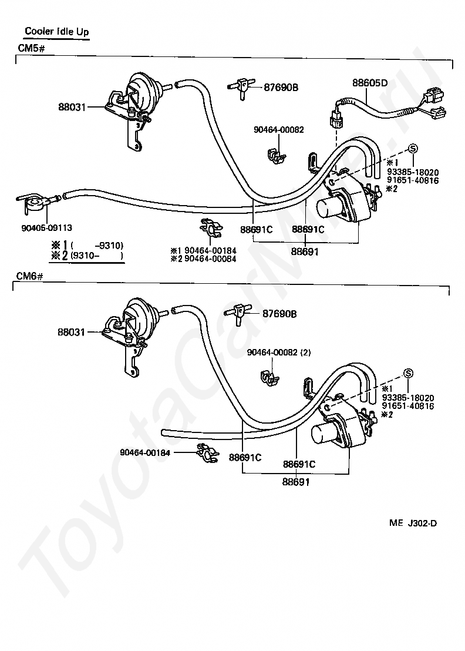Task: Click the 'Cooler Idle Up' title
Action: coord(57,31)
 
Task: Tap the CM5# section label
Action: coord(31,48)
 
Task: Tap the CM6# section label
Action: coord(30,276)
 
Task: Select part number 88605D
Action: coord(370,83)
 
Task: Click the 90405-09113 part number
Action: coord(47,227)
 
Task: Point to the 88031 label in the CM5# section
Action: coord(72,107)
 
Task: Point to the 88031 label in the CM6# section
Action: coord(71,332)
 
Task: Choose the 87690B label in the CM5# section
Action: coord(281,88)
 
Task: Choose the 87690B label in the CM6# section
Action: coord(279,314)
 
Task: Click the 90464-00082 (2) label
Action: coord(279,353)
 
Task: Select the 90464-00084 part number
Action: coord(210,259)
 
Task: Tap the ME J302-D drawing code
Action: coord(413,523)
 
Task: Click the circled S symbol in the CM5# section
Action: coord(413,148)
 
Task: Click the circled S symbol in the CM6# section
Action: coord(408,374)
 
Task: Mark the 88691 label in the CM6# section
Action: coord(296,482)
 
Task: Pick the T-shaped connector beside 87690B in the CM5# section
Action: coord(241,87)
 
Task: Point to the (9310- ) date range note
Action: coord(97,256)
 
